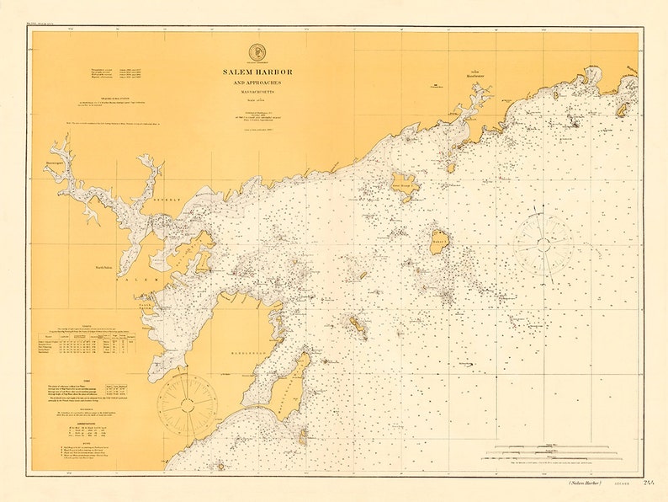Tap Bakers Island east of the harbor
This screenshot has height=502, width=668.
pyautogui.click(x=439, y=241)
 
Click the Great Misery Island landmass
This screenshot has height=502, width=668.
pyautogui.click(x=405, y=185)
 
